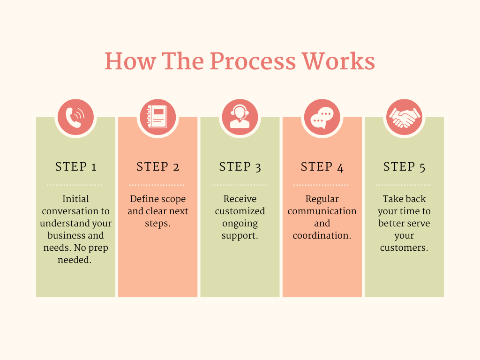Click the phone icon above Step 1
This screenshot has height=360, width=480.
tap(75, 117)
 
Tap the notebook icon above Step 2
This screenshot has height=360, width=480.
tap(157, 117)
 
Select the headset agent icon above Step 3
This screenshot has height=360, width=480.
tap(240, 117)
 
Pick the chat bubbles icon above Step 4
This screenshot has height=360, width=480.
tap(322, 117)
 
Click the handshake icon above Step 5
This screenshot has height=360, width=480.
tap(404, 117)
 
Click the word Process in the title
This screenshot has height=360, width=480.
tap(253, 61)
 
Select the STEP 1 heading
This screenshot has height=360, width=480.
tap(75, 167)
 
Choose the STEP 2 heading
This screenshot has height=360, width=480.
tap(157, 167)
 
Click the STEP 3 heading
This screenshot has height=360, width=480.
tap(240, 167)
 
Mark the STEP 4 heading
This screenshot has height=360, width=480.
tap(322, 167)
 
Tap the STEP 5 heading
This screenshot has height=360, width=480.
tap(404, 167)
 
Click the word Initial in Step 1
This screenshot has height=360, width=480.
tap(75, 199)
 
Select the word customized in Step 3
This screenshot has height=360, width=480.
tap(240, 211)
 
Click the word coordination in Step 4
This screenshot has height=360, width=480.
tap(322, 235)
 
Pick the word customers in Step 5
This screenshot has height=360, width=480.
tap(404, 247)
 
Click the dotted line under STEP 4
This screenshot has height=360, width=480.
tap(322, 185)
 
